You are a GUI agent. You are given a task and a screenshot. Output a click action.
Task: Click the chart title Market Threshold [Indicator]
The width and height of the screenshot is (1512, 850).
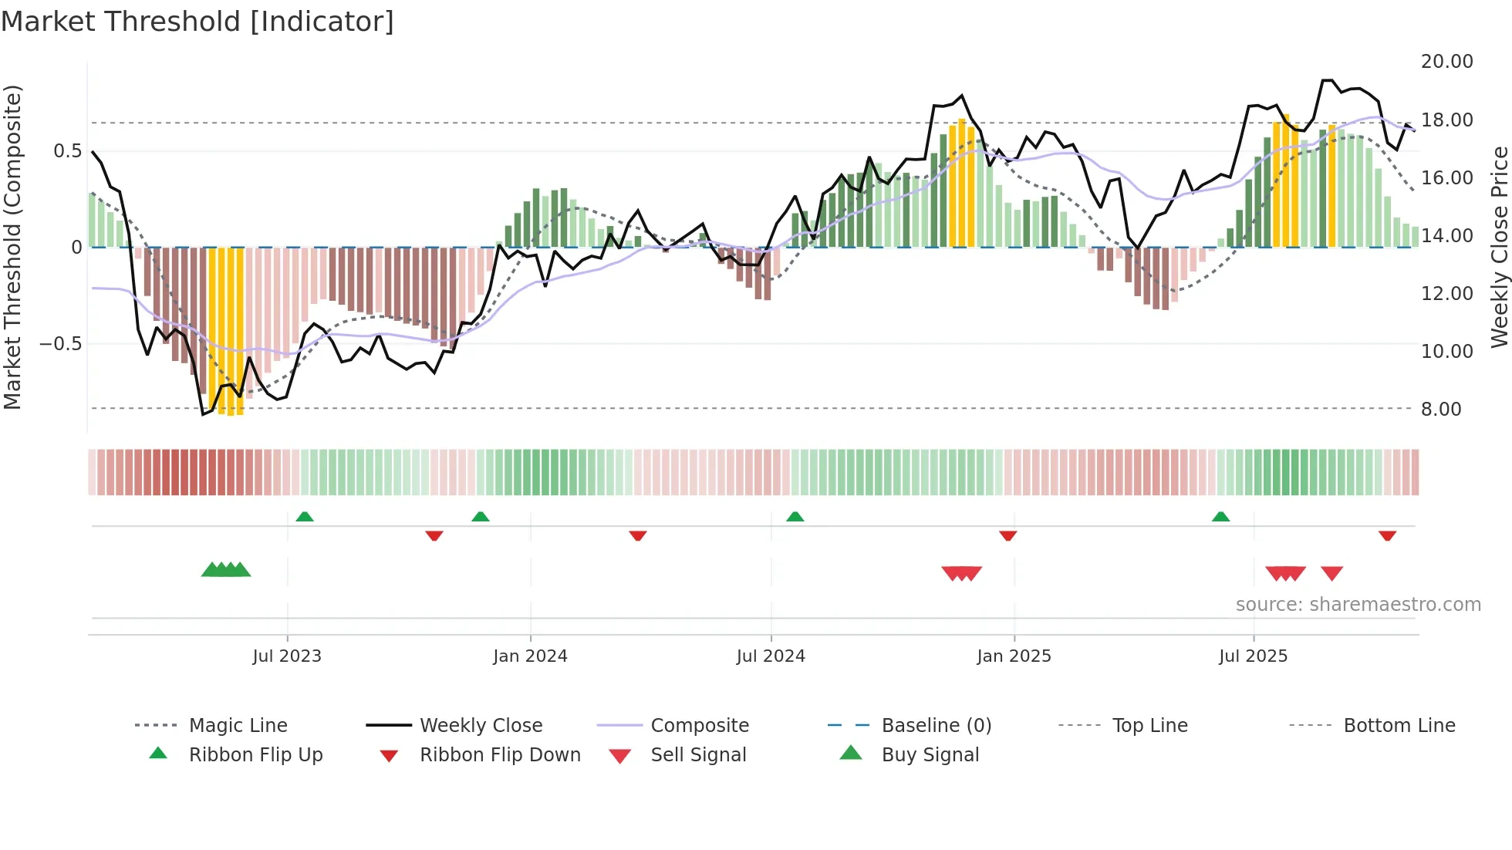coord(197,22)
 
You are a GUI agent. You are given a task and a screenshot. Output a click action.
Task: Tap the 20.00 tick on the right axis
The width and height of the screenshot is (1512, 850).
coord(1446,62)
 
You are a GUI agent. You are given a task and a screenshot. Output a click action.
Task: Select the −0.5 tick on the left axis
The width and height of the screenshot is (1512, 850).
coord(61,344)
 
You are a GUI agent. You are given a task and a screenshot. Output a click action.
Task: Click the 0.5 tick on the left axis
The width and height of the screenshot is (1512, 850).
coord(68,151)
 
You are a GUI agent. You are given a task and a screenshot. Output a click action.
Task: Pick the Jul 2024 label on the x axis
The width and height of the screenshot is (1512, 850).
coord(771,656)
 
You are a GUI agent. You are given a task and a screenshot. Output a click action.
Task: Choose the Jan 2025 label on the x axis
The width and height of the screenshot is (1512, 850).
coord(1014,656)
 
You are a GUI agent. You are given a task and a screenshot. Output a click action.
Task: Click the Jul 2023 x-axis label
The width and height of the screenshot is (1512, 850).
coord(287,656)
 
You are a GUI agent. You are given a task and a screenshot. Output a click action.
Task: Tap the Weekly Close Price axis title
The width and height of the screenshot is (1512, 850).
coord(1499,247)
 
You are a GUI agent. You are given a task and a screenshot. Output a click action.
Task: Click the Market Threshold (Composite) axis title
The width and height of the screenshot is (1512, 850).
coord(12,247)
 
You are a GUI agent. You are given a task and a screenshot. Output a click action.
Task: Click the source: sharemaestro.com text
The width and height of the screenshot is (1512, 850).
coord(1358,605)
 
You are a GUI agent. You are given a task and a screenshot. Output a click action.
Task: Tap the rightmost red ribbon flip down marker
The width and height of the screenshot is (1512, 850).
coord(1387,535)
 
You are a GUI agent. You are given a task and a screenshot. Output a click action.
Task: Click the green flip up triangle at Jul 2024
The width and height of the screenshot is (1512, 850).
coord(795,517)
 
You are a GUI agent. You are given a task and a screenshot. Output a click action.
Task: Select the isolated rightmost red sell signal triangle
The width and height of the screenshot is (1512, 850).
coord(1331,573)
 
